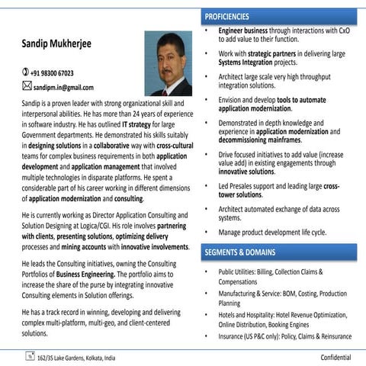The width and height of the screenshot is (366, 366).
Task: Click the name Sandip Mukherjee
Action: point(56,45)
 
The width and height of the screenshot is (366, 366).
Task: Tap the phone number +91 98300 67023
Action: point(52,73)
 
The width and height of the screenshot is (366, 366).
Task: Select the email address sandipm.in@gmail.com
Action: point(63,87)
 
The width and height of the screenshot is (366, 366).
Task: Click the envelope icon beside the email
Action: point(26,86)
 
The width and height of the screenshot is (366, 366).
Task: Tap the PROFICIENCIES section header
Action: point(227,16)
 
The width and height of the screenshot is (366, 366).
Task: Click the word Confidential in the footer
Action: point(335,356)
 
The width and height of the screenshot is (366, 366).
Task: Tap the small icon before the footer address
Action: point(28,355)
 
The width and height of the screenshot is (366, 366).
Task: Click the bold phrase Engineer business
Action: point(246,31)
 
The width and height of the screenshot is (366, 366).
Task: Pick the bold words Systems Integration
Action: point(247,63)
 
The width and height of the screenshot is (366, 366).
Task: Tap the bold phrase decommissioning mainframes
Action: point(258,140)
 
